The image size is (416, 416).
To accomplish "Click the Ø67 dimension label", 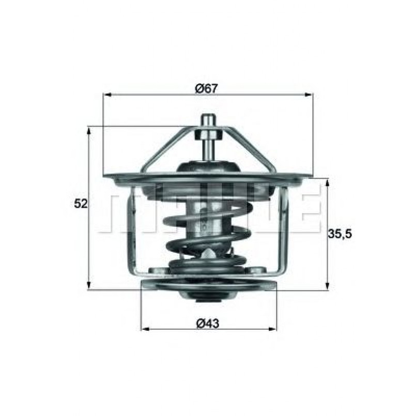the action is click(x=207, y=88).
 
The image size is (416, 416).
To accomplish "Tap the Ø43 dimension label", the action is click(x=208, y=323).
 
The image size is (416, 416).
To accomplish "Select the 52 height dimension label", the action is click(x=81, y=204).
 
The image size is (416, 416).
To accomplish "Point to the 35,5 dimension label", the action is click(x=340, y=234).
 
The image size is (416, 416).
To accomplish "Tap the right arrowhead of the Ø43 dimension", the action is click(x=272, y=329).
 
